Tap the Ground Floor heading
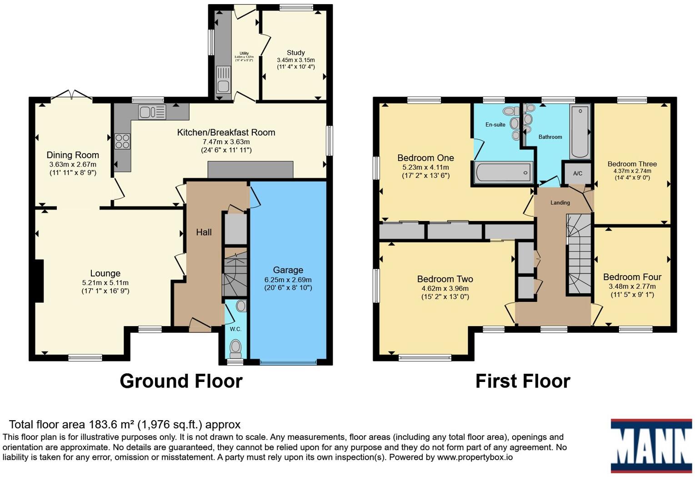(x=181, y=381)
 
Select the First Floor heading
(x=523, y=381)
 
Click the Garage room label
(x=288, y=270)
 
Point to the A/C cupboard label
(x=578, y=173)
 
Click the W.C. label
(x=235, y=329)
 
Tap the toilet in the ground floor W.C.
(x=235, y=348)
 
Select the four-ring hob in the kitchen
(x=122, y=141)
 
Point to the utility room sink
(x=223, y=80)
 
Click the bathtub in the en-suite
(x=503, y=173)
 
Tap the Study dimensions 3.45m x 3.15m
(x=295, y=60)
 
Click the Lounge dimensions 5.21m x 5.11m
(x=105, y=282)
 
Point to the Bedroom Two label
(x=445, y=279)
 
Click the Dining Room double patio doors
(x=71, y=95)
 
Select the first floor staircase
(x=579, y=254)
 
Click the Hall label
(x=204, y=232)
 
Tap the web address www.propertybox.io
(x=475, y=457)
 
